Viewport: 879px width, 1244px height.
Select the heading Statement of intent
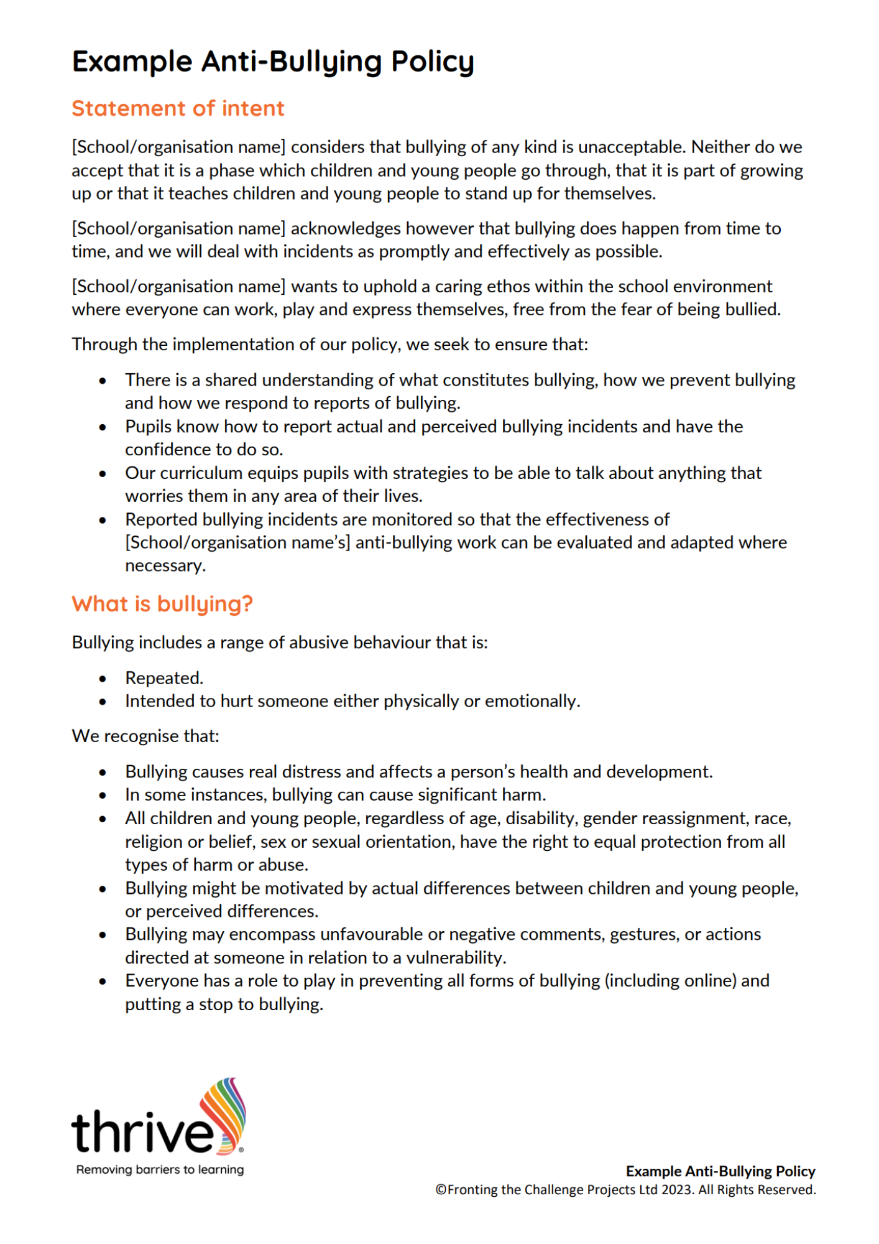tap(178, 109)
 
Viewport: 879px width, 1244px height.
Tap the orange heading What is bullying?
tap(162, 603)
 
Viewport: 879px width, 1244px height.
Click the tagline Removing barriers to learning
tap(160, 1169)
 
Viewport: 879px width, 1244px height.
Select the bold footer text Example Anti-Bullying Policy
tap(720, 1171)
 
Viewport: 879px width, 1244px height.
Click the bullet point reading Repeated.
tap(164, 678)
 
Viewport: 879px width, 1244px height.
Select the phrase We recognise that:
tap(145, 736)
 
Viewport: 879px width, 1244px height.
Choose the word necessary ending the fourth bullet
tap(165, 566)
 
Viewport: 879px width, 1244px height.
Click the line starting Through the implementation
tap(329, 345)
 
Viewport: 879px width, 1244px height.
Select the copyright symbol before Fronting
tap(441, 1190)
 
